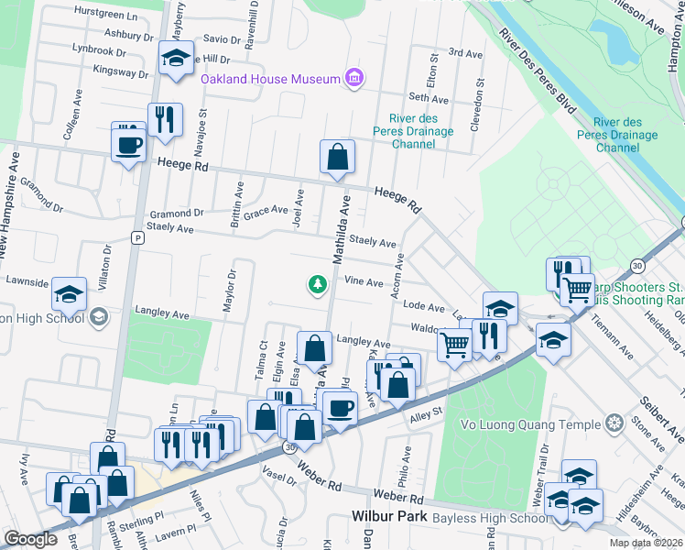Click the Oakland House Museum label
pyautogui.click(x=271, y=79)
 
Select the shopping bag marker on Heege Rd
pyautogui.click(x=337, y=157)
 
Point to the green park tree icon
pyautogui.click(x=318, y=285)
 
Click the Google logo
pyautogui.click(x=30, y=539)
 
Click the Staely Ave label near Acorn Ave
pyautogui.click(x=373, y=242)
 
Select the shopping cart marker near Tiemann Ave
pyautogui.click(x=577, y=289)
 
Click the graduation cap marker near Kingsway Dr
pyautogui.click(x=176, y=59)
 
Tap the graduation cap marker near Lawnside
pyautogui.click(x=69, y=294)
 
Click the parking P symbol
pyautogui.click(x=137, y=237)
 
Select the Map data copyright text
pyautogui.click(x=647, y=543)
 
